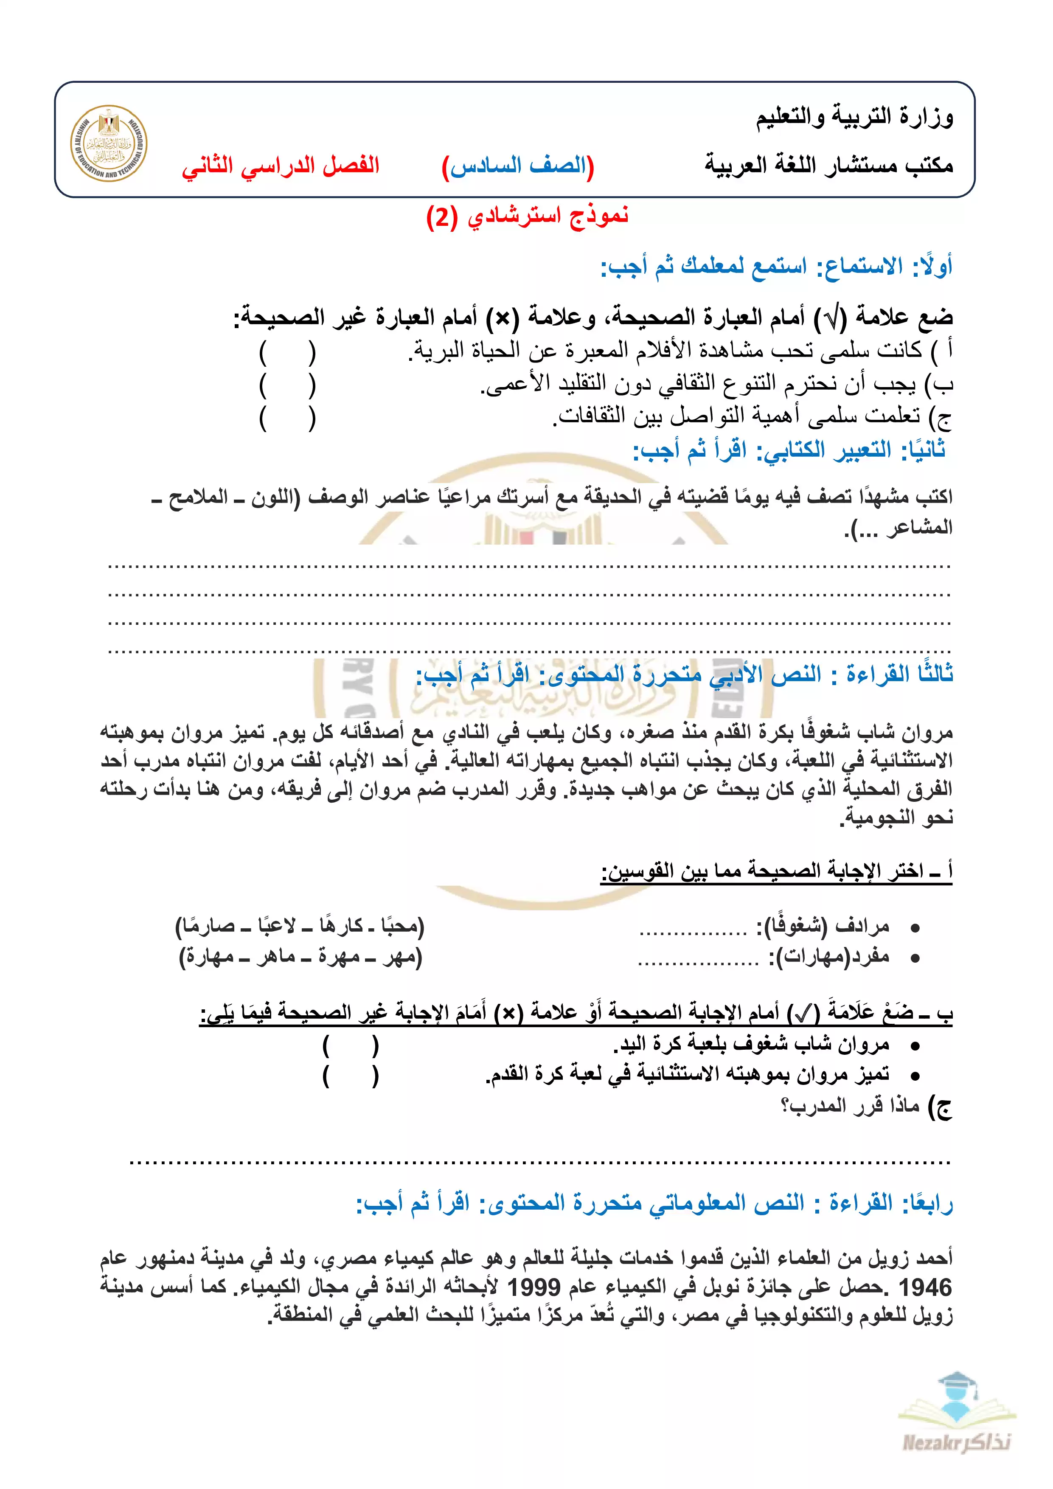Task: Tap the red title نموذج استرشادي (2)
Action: coord(527,216)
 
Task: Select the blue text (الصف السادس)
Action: coord(518,166)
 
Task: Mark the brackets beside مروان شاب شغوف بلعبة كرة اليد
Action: coord(350,1046)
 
